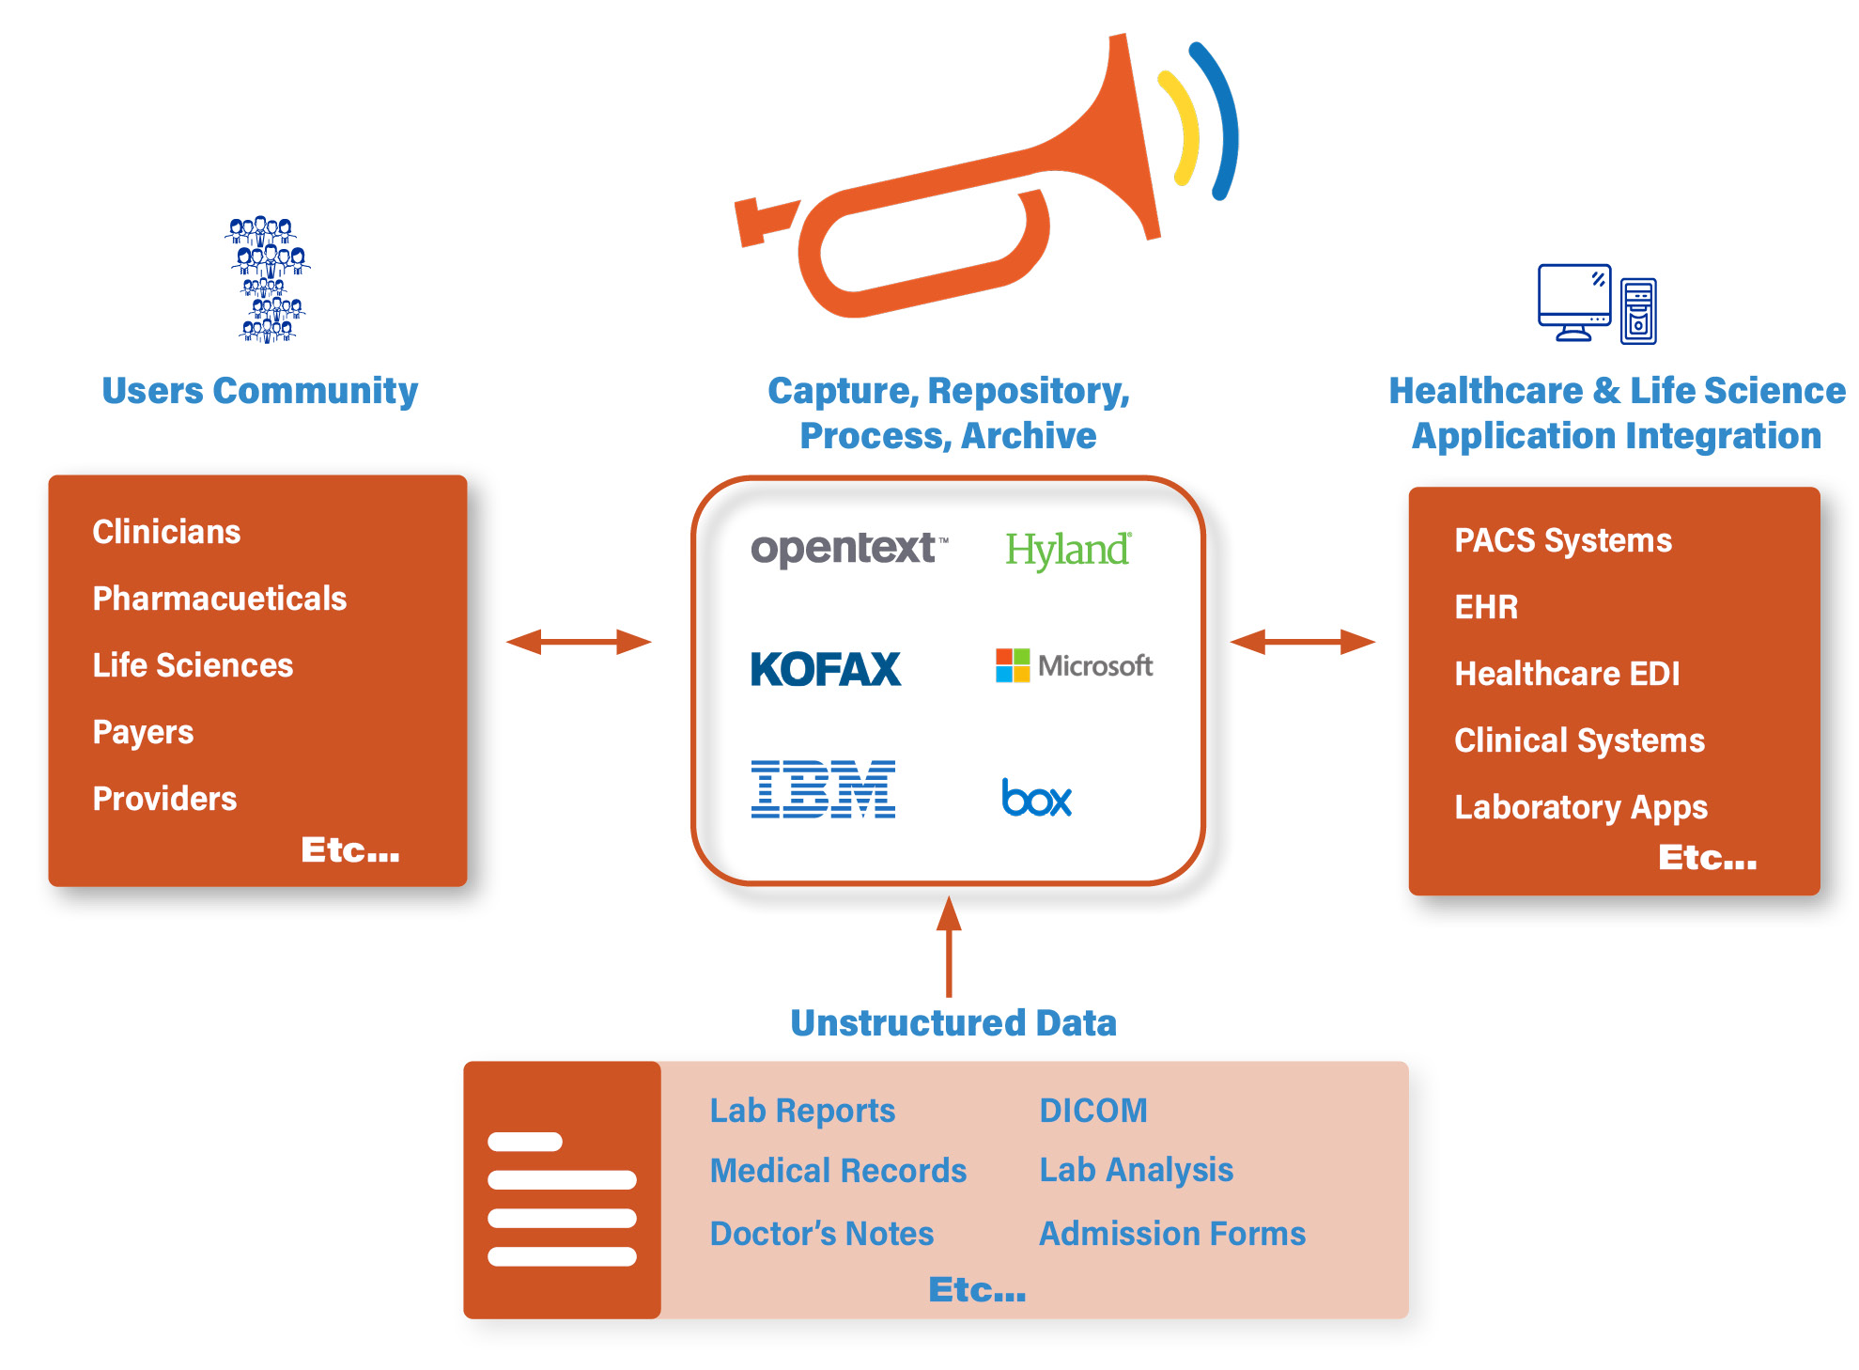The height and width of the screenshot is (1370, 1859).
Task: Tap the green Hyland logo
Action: pyautogui.click(x=1068, y=550)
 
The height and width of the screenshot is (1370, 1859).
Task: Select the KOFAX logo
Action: pyautogui.click(x=826, y=669)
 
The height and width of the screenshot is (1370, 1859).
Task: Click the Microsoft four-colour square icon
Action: pyautogui.click(x=1013, y=665)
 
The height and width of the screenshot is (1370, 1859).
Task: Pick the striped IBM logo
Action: pyautogui.click(x=823, y=789)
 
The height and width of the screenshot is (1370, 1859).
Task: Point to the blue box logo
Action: pyautogui.click(x=1036, y=798)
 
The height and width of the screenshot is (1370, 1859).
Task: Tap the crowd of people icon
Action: pyautogui.click(x=268, y=280)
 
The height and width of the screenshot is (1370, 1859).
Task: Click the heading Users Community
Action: pyautogui.click(x=259, y=391)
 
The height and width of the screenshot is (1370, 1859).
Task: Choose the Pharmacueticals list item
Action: pyautogui.click(x=220, y=599)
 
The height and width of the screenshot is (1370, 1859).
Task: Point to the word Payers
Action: pyautogui.click(x=143, y=732)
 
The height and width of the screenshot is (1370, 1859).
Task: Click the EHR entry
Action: pyautogui.click(x=1486, y=607)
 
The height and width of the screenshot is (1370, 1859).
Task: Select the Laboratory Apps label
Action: pyautogui.click(x=1581, y=807)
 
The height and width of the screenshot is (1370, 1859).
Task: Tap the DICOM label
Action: pyautogui.click(x=1093, y=1111)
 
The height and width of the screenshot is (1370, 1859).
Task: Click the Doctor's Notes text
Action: pyautogui.click(x=822, y=1234)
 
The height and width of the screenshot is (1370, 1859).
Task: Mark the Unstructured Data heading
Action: pyautogui.click(x=953, y=1022)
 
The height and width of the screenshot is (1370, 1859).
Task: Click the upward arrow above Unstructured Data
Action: pyautogui.click(x=949, y=946)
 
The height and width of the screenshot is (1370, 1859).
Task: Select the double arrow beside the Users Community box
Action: pyautogui.click(x=579, y=642)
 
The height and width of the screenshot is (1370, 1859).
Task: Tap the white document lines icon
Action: pyautogui.click(x=562, y=1199)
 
